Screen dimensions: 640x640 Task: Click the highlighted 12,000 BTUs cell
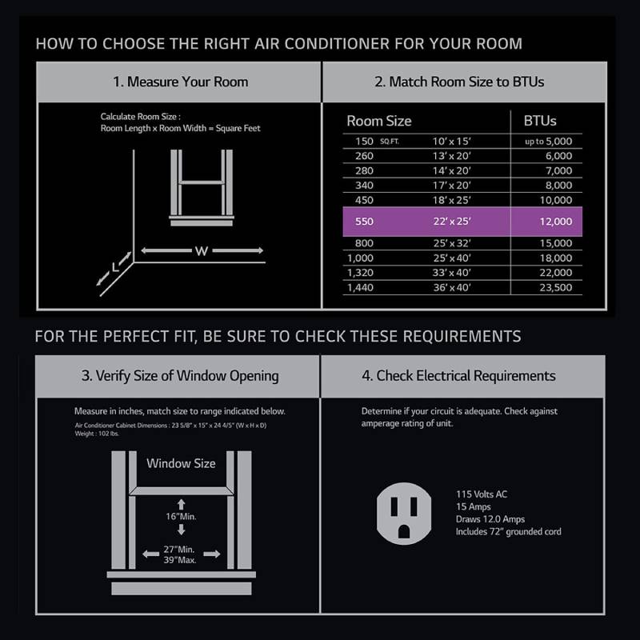tap(555, 222)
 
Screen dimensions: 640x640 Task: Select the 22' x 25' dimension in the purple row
tap(452, 222)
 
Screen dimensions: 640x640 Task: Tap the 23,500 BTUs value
tap(555, 287)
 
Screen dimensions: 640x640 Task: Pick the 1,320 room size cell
tap(360, 273)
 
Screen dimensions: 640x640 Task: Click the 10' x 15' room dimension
tap(451, 142)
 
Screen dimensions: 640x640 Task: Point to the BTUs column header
tap(539, 121)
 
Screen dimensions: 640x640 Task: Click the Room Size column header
tap(378, 121)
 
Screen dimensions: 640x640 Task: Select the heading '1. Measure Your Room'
tap(181, 82)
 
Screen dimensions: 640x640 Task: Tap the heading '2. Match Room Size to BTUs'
tap(459, 82)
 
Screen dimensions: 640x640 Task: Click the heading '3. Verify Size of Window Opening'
tap(180, 375)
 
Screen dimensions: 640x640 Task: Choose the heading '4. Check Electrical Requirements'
tap(458, 375)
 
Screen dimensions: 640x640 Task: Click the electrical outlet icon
tap(404, 514)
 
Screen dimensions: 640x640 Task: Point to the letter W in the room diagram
tap(202, 251)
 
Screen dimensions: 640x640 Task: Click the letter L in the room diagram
tap(115, 267)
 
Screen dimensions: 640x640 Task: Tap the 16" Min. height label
tap(181, 516)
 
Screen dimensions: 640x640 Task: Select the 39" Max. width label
tap(179, 560)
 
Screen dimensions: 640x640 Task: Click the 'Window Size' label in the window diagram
tap(181, 463)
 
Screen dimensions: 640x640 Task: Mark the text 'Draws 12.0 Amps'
tap(490, 519)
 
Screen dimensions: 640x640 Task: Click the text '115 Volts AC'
tap(482, 494)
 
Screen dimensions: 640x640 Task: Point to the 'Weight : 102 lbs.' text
tap(97, 434)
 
